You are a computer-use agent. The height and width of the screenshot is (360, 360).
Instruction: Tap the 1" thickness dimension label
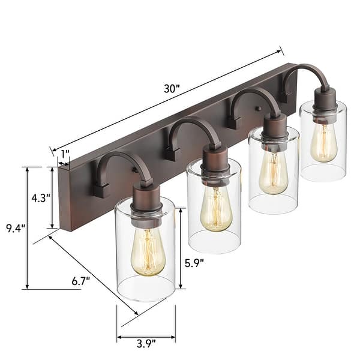[64, 154]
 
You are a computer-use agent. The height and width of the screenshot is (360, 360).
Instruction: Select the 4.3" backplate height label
[40, 197]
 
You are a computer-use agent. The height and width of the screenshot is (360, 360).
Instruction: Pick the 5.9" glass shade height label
[194, 262]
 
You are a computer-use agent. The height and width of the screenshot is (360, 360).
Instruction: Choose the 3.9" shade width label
[146, 343]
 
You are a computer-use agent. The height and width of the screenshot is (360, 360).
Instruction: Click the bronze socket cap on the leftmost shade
[146, 198]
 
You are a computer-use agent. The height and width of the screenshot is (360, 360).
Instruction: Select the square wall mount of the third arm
[233, 121]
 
